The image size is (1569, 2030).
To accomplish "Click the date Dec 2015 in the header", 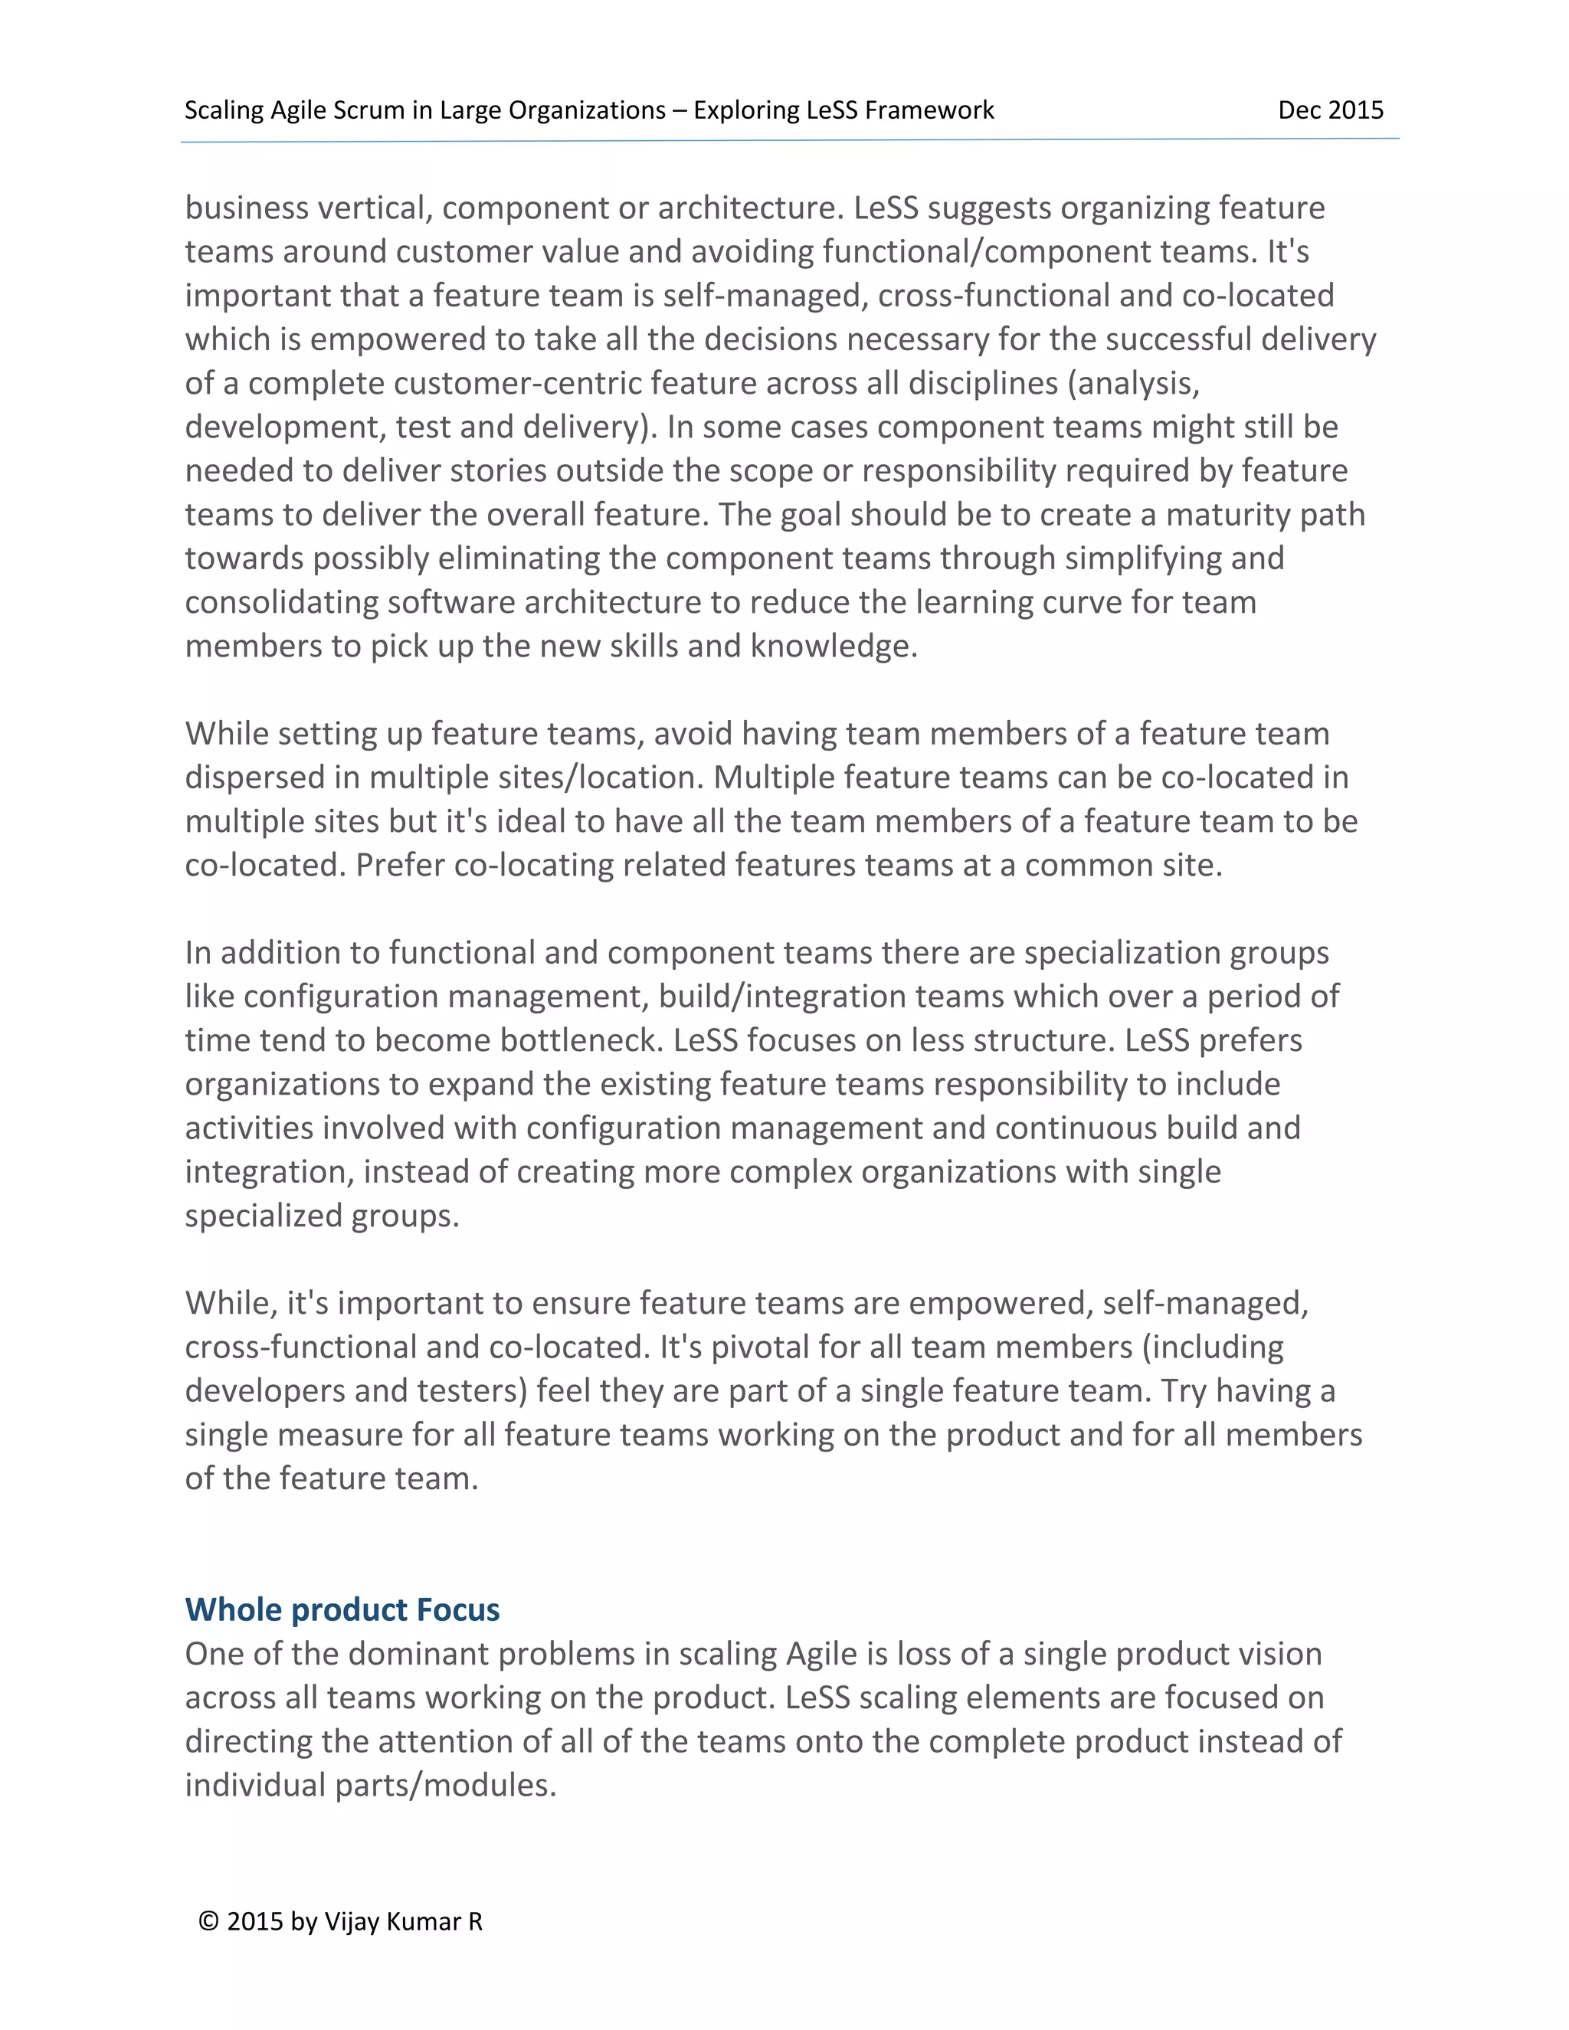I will point(1330,110).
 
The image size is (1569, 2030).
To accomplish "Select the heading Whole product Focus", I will point(342,1610).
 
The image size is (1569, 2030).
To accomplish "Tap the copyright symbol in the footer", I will point(208,1922).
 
